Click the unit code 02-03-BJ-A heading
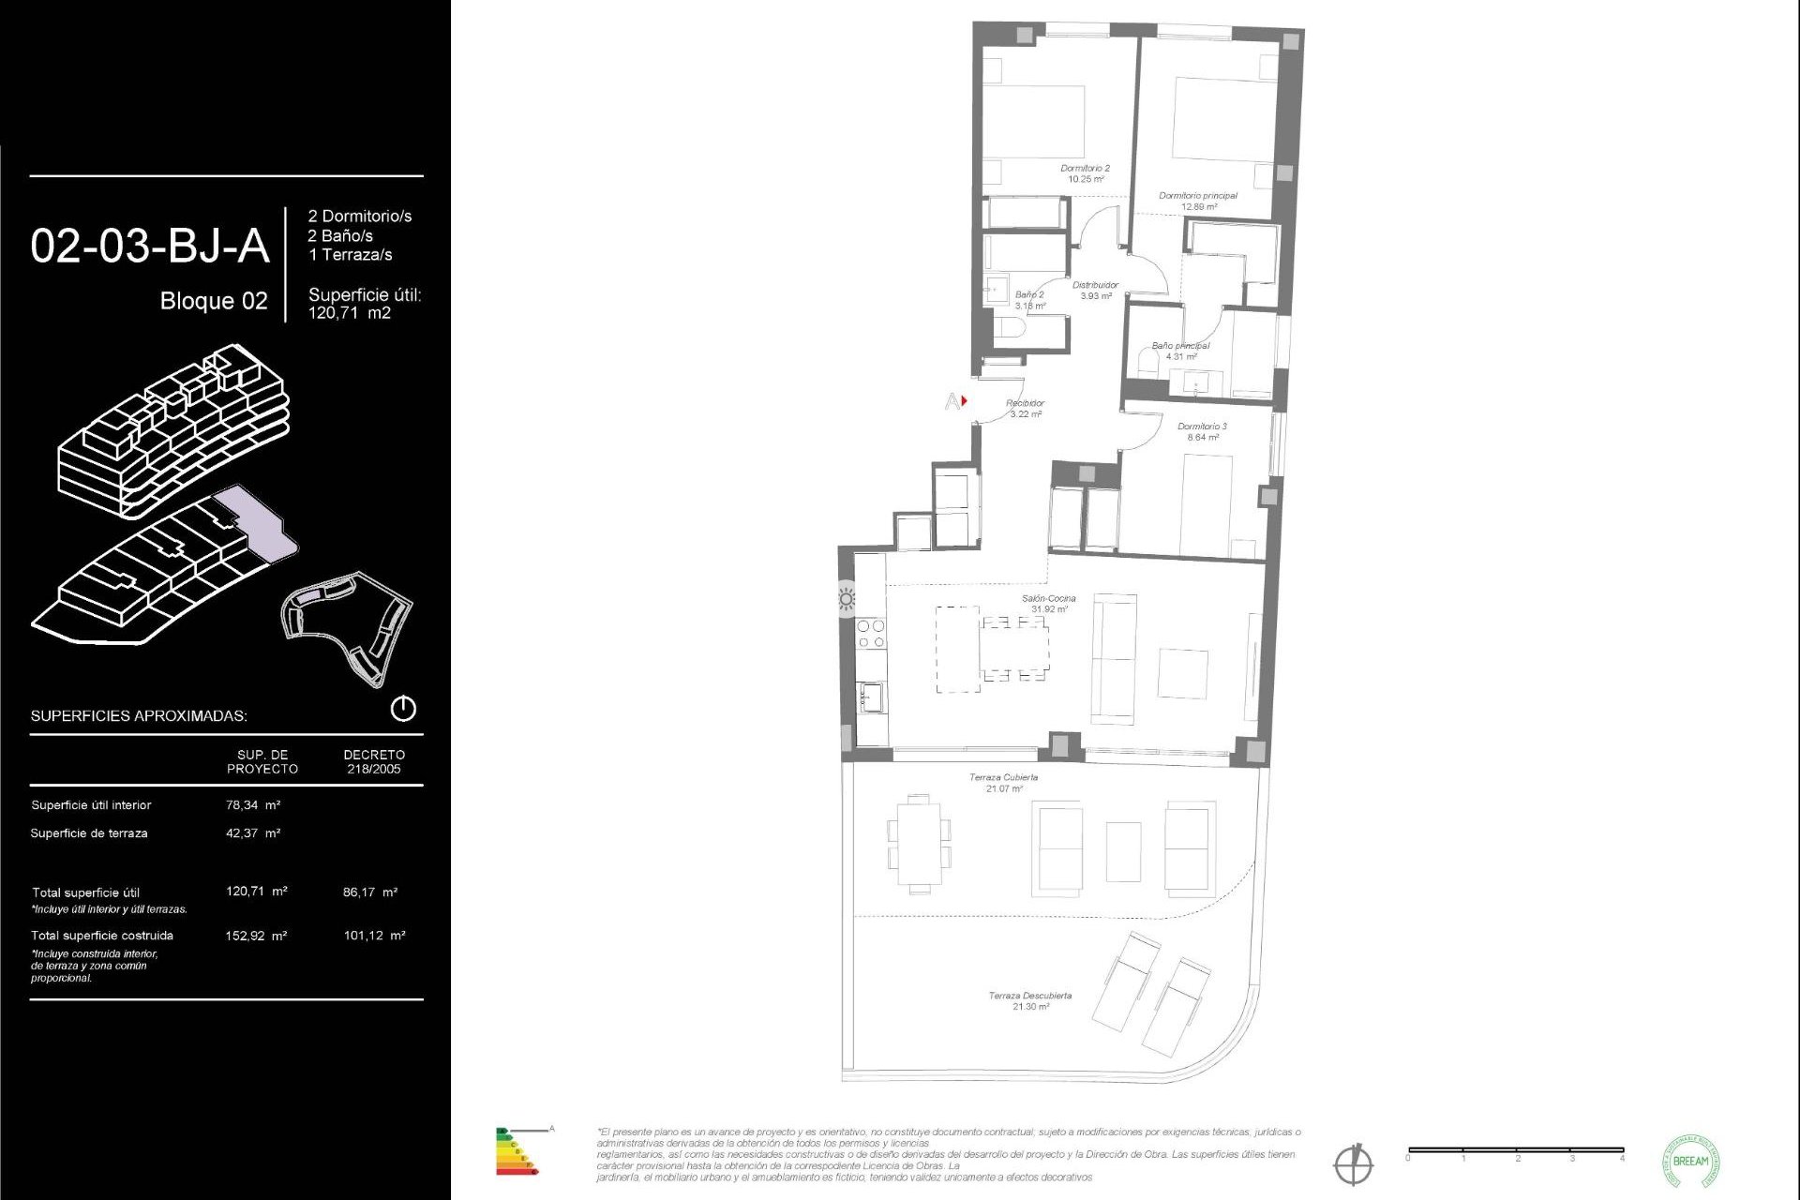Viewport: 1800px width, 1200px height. [150, 247]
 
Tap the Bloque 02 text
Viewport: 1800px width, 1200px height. [214, 301]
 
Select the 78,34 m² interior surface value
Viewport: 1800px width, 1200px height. [253, 805]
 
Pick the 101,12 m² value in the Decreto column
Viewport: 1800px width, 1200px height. [374, 936]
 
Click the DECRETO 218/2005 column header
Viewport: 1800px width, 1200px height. [374, 761]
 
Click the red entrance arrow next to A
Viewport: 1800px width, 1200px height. [964, 401]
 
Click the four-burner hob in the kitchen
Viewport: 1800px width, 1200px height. [871, 634]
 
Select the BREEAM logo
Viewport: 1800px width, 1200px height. [1690, 1161]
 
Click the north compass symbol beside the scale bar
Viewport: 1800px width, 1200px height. [1353, 1164]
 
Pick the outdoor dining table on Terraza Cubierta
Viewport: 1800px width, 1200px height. [919, 844]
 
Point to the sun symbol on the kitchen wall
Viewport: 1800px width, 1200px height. [847, 598]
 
